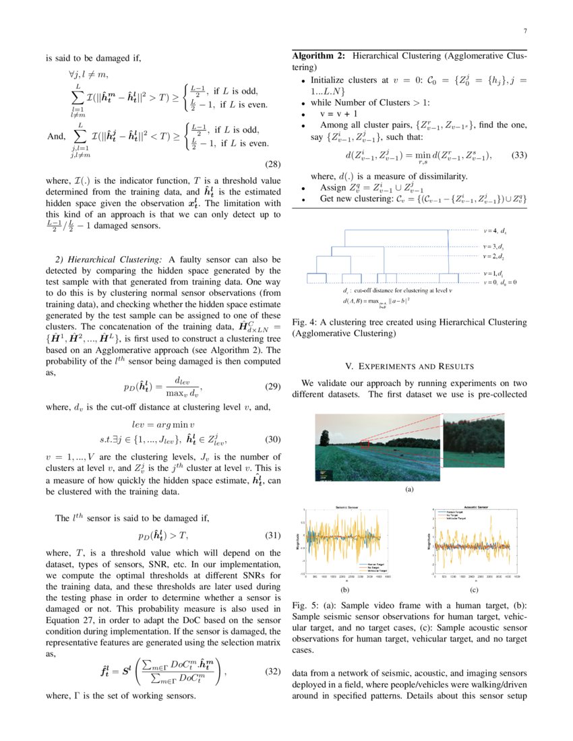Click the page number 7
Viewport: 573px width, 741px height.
tap(524, 32)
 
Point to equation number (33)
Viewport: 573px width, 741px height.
tap(518, 156)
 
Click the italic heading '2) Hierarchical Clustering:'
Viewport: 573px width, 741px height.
tap(107, 259)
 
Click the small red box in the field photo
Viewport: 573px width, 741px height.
tap(365, 444)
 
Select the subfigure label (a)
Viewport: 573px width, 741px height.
tap(409, 490)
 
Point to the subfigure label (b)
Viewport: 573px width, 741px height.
tap(344, 589)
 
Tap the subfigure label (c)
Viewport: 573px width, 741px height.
tap(474, 589)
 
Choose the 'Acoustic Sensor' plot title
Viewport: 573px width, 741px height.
tap(477, 506)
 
